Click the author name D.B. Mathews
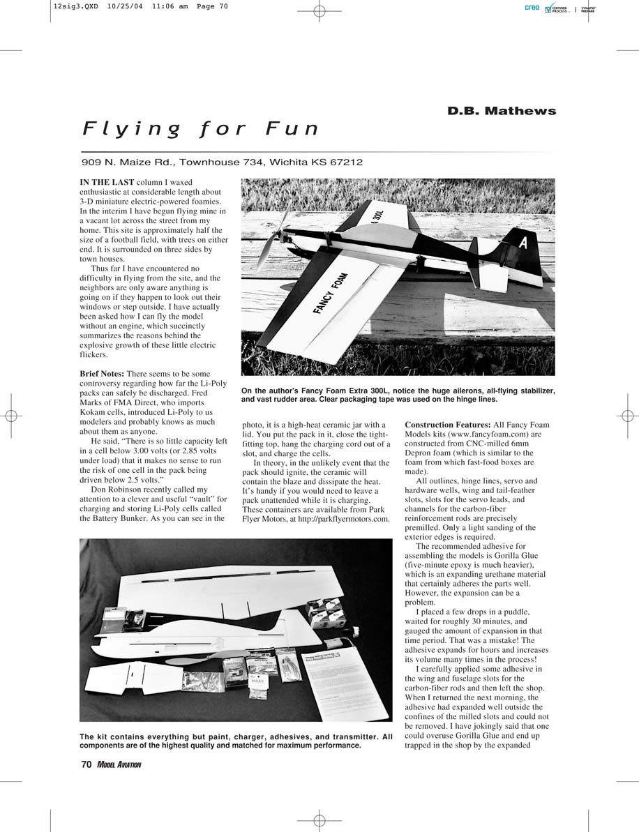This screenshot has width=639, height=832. pyautogui.click(x=502, y=111)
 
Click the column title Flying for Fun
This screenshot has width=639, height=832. pyautogui.click(x=201, y=129)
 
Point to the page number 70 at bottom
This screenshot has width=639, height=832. pyautogui.click(x=86, y=764)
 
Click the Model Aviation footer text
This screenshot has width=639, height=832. pyautogui.click(x=119, y=765)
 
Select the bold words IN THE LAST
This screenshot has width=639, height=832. pyautogui.click(x=107, y=182)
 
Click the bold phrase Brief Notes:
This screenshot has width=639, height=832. pyautogui.click(x=102, y=374)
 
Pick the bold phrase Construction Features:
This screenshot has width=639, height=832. pyautogui.click(x=447, y=425)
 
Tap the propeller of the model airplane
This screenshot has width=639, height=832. pyautogui.click(x=268, y=245)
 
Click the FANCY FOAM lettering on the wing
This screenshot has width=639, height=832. pyautogui.click(x=330, y=293)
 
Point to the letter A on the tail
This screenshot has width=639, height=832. pyautogui.click(x=523, y=243)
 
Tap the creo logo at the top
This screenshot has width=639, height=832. pyautogui.click(x=532, y=8)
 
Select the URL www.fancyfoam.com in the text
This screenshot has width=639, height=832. pyautogui.click(x=469, y=434)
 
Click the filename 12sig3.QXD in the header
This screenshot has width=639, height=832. pyautogui.click(x=75, y=8)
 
